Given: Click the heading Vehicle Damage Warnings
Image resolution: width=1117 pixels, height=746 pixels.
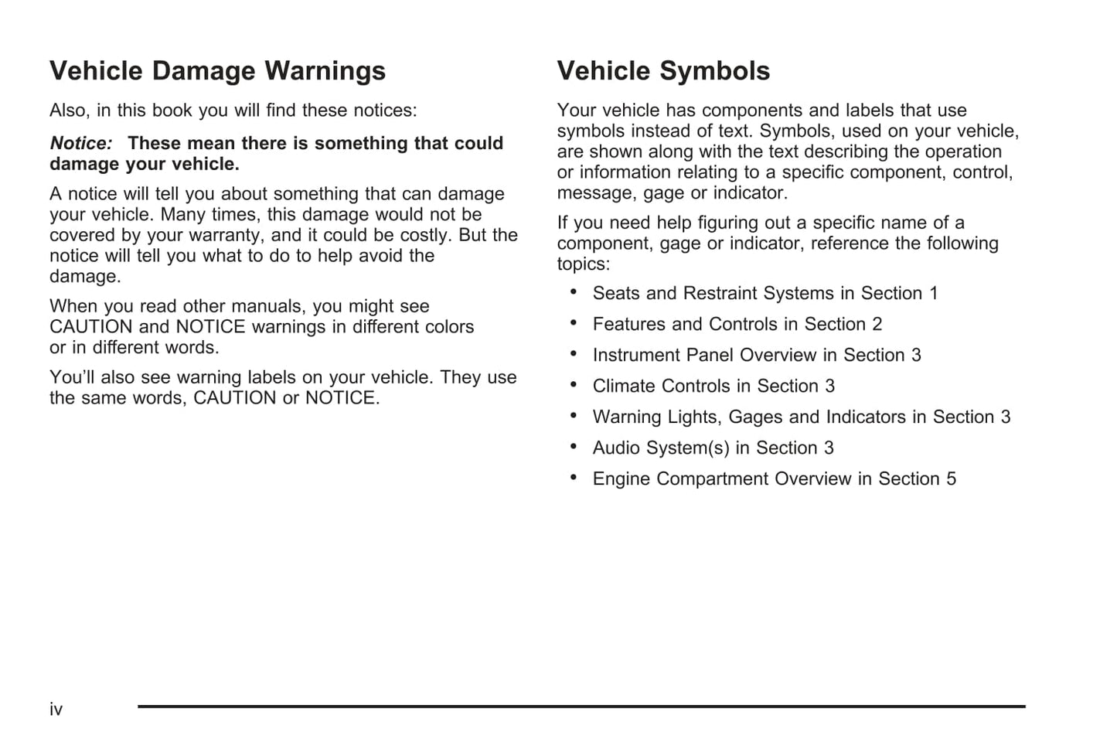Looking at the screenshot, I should [217, 71].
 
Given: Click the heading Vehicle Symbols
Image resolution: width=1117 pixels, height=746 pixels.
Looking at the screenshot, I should [663, 71].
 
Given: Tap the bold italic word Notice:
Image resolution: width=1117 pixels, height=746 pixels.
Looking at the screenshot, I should [81, 144].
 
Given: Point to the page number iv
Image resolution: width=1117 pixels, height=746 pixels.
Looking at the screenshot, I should [56, 710].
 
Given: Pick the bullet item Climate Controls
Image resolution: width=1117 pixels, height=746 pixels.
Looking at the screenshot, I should [713, 387].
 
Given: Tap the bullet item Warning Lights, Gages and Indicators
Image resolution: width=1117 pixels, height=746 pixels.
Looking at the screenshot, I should [801, 417].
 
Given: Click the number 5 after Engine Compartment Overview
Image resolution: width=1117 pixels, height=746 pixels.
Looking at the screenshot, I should [951, 479].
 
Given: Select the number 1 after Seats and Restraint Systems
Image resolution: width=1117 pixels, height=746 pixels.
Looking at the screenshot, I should [933, 294].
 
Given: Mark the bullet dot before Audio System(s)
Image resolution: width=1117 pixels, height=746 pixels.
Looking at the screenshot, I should [574, 446].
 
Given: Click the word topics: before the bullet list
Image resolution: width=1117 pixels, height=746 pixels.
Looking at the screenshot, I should [584, 264].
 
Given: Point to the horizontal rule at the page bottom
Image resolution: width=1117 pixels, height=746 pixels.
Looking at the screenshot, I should [581, 707].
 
